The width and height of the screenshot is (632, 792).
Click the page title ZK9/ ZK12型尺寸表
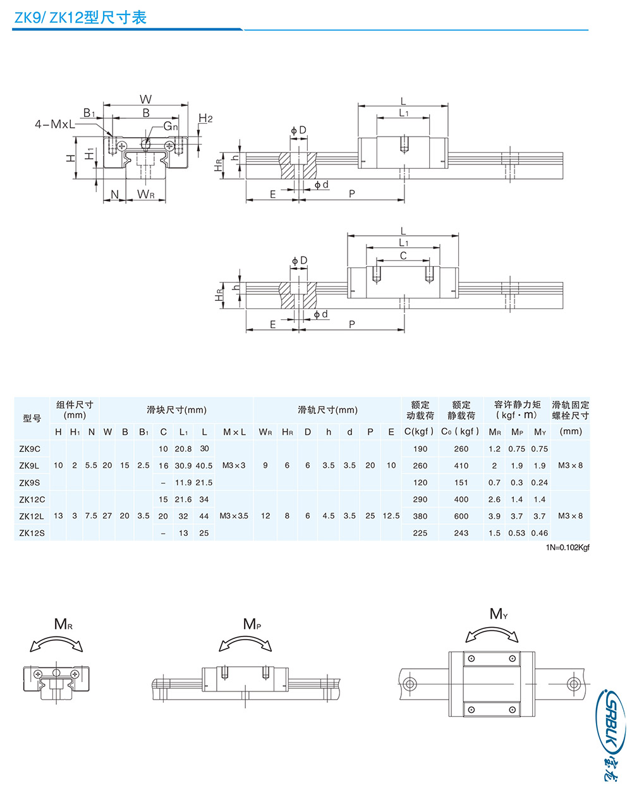(80, 18)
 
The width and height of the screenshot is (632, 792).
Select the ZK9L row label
(29, 466)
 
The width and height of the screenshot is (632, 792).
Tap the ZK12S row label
(32, 533)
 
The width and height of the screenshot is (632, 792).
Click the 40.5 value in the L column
(204, 466)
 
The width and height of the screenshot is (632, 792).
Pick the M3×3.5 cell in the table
(234, 516)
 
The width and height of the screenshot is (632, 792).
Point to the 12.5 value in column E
(391, 516)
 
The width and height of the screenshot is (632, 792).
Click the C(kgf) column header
(420, 432)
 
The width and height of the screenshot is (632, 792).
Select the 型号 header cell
(32, 418)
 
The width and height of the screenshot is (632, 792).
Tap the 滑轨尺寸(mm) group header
(327, 410)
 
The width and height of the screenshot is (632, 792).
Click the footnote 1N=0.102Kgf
(568, 547)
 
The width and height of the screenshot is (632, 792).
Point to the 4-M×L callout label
(54, 125)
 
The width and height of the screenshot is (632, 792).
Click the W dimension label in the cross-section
(146, 99)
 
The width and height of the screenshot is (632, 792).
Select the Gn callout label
(171, 126)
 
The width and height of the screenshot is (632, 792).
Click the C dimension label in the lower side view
(403, 255)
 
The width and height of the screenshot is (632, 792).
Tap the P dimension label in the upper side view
(352, 194)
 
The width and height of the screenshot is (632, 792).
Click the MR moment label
(63, 624)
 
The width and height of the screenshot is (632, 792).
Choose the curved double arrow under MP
(246, 643)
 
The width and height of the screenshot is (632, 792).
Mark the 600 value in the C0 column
(461, 516)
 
